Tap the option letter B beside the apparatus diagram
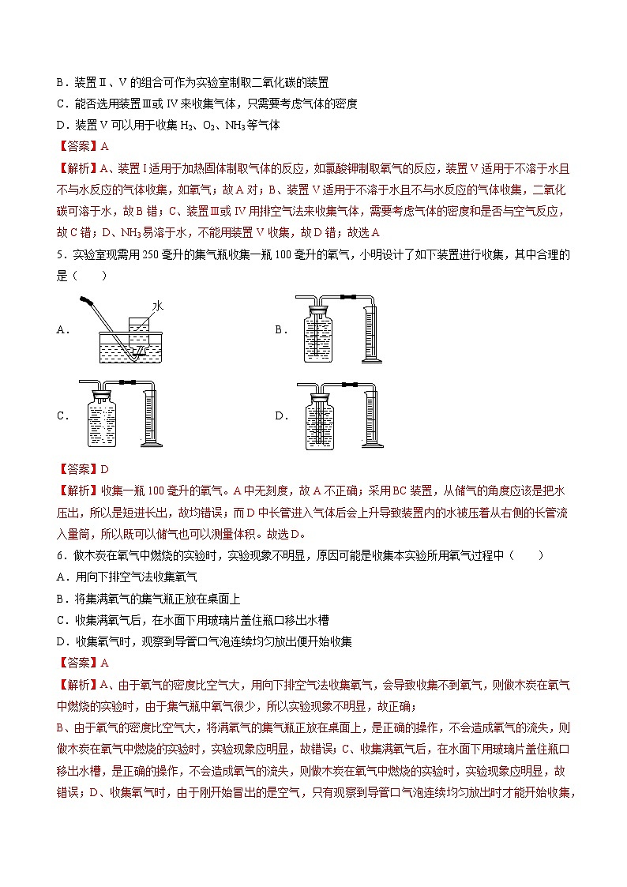point(280,330)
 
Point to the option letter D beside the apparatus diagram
point(280,415)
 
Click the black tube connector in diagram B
point(344,298)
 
